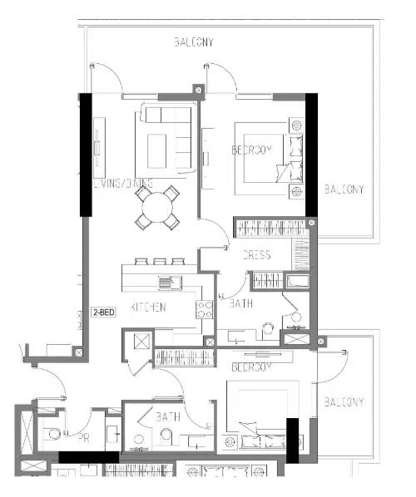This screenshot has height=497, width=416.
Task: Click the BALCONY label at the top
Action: point(193,42)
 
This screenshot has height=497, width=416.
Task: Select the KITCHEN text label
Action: point(147,307)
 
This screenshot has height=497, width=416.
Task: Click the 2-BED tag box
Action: point(104,313)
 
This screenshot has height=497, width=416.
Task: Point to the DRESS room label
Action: point(256,255)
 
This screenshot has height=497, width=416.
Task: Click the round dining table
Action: point(158,208)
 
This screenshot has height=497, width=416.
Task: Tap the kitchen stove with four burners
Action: point(203,310)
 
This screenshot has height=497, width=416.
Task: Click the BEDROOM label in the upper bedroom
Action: point(252,150)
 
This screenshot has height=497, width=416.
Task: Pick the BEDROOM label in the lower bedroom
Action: point(252,367)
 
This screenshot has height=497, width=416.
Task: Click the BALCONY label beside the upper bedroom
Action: point(344,189)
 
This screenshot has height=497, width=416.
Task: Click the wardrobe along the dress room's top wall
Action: point(270,226)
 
